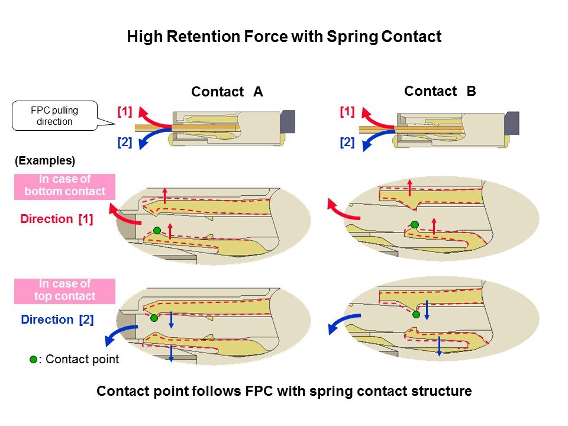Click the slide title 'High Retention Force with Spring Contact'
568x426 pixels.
coord(284,37)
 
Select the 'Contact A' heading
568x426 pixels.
coord(227,92)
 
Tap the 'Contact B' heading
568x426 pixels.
coord(440,91)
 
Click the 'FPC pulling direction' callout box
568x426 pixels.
coord(54,116)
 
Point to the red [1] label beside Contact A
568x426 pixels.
coord(124,111)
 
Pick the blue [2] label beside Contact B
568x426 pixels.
coord(347,142)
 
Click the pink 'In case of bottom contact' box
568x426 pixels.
coord(64,186)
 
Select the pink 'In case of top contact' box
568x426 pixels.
coord(64,290)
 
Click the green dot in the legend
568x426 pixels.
coord(34,359)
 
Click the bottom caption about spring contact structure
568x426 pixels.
coord(284,392)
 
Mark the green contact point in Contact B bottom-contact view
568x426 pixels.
coord(415,224)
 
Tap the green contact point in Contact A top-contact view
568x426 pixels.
coord(154,318)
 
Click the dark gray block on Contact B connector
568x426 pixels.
coord(512,123)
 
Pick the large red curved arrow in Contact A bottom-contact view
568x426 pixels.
coord(123,214)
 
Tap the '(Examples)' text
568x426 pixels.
coord(44,160)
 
